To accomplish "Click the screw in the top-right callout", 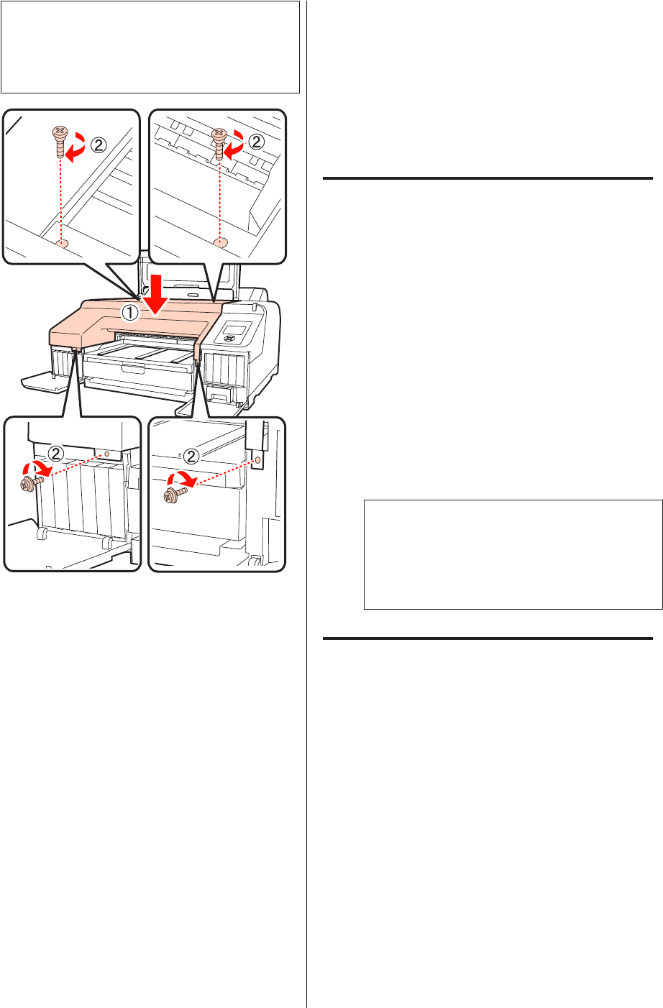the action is point(219,144).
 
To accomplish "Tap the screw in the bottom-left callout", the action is point(32,483).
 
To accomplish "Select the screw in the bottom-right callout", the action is point(175,495).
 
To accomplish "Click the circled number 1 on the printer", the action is point(130,313).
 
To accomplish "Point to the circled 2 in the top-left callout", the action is point(99,145).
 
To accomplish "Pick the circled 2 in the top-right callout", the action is point(256,142).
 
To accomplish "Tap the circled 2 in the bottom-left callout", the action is point(56,454).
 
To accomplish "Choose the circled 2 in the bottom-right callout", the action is point(191,457).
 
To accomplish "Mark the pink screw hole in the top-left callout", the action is point(62,244).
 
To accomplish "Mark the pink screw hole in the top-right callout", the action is point(219,243).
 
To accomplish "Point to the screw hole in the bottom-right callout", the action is point(257,460).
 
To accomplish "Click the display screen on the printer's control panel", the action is point(236,329).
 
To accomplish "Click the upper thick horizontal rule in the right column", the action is point(488,178).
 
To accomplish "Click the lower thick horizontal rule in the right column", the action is point(488,638).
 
